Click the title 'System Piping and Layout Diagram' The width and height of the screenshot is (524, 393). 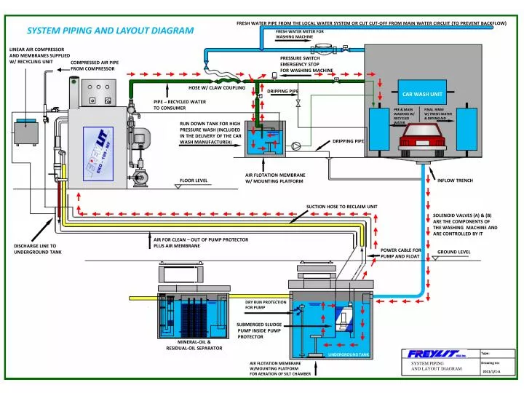pos(111,31)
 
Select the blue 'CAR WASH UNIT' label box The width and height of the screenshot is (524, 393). pos(423,95)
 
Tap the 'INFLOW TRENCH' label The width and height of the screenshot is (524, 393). pos(455,180)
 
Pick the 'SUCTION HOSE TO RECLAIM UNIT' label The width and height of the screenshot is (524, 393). pos(342,207)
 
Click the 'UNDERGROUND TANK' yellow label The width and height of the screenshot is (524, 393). pos(349,354)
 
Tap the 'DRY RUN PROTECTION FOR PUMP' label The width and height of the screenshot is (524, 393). pos(266,305)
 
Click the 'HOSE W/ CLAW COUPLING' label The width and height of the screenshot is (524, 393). pos(217,87)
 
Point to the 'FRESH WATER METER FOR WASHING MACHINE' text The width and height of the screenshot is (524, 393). pos(300,34)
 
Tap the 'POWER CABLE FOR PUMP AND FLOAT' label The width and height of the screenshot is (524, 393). pos(401,253)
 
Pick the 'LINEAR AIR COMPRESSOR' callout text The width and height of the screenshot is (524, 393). pos(39,55)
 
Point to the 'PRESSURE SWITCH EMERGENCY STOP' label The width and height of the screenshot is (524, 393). pos(306,64)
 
